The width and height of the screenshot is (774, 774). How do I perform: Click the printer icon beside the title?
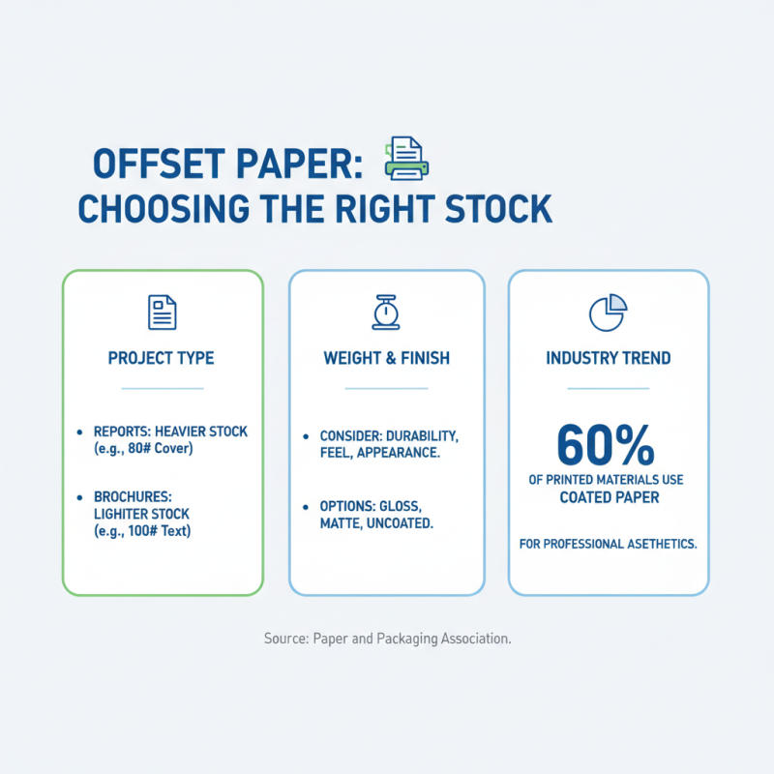pyautogui.click(x=406, y=158)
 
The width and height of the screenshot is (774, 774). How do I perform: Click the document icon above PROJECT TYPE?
pyautogui.click(x=162, y=312)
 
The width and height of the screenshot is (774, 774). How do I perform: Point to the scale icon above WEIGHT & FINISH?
pyautogui.click(x=386, y=312)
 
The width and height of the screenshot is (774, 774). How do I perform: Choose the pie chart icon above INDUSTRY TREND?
pyautogui.click(x=608, y=312)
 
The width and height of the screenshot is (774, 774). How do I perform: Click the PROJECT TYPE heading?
pyautogui.click(x=162, y=358)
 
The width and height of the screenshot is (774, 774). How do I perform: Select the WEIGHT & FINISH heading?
pyautogui.click(x=386, y=358)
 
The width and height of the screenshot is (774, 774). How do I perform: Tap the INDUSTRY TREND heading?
pyautogui.click(x=609, y=358)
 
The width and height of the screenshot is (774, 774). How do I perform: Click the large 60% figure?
pyautogui.click(x=608, y=446)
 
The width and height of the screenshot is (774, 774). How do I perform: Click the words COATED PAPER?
pyautogui.click(x=608, y=497)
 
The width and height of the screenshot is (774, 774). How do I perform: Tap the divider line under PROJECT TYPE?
pyautogui.click(x=162, y=388)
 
